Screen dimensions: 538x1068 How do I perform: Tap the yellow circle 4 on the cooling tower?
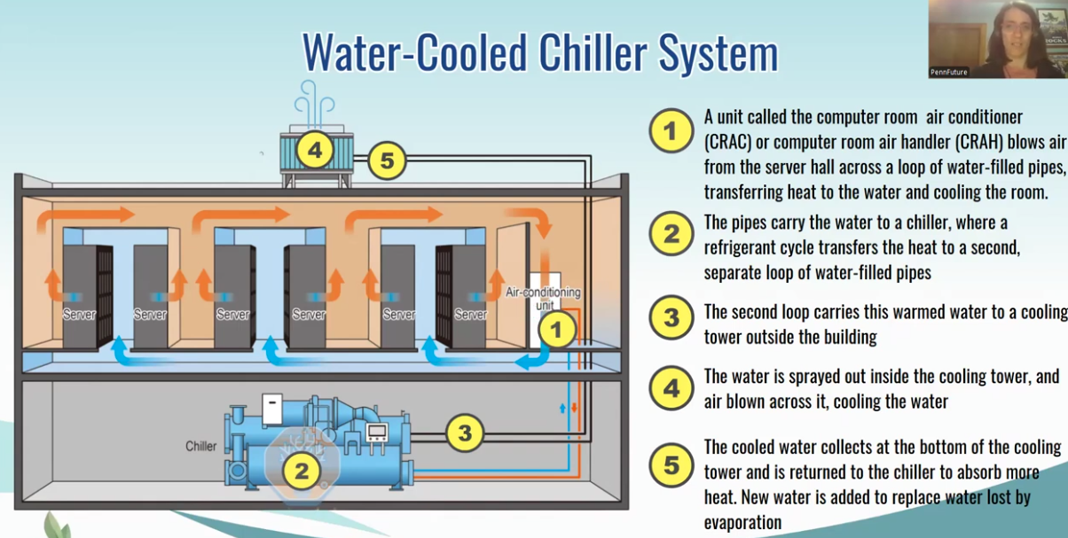point(313,150)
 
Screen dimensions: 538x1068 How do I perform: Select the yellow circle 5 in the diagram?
point(387,161)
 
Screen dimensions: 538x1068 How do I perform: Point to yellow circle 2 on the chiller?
point(302,470)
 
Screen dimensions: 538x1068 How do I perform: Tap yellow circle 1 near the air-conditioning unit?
point(557,331)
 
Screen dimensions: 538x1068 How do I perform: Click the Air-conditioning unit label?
point(542,298)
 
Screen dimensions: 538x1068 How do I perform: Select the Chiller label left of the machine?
point(200,445)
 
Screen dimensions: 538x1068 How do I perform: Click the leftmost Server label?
point(79,315)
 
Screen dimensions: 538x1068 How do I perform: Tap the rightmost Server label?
point(470,315)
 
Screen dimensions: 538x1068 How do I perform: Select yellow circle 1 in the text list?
point(671,131)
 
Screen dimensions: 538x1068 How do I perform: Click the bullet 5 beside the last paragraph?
point(671,465)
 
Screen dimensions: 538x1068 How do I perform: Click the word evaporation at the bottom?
point(742,522)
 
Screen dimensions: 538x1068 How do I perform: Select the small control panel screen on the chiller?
point(377,433)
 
